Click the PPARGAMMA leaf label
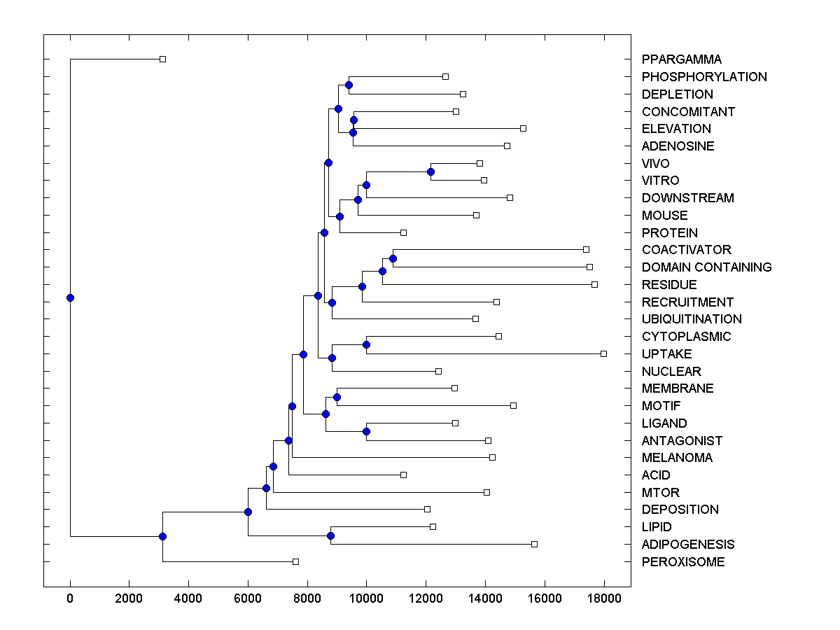pos(681,59)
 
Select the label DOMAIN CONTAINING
pos(706,267)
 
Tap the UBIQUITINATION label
pos(691,318)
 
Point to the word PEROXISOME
pos(682,561)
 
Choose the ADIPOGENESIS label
pos(687,544)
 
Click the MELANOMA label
pos(676,457)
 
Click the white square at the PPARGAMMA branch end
pos(162,59)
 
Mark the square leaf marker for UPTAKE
pos(603,353)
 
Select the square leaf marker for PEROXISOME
pos(295,561)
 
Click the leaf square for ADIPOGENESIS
pos(534,544)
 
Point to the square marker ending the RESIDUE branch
pos(594,284)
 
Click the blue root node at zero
pos(70,297)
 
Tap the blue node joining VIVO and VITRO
pos(430,171)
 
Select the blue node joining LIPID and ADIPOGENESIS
pos(330,535)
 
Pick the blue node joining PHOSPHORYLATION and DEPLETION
pos(349,85)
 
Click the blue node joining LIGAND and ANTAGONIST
pos(366,431)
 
